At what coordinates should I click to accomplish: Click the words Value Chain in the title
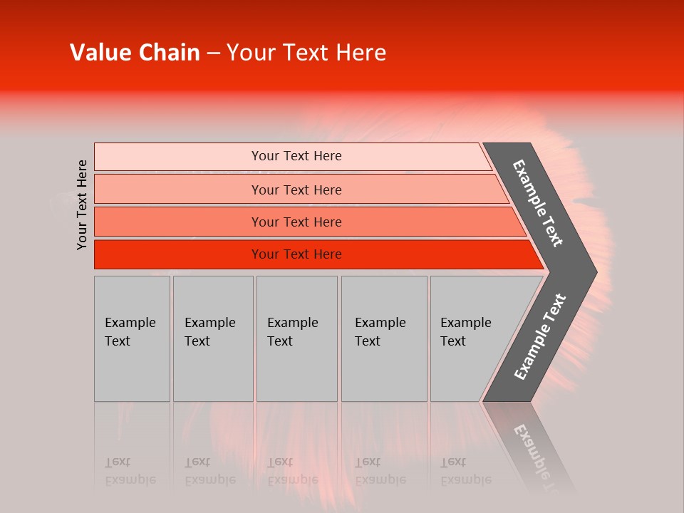(135, 53)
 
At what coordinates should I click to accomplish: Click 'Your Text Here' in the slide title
(306, 53)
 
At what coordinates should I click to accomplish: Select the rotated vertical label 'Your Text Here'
(82, 204)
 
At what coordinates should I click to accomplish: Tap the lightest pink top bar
(178, 157)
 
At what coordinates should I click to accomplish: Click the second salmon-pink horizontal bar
(178, 190)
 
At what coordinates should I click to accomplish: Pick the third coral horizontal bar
(178, 222)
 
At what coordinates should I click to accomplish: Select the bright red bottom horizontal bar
(178, 254)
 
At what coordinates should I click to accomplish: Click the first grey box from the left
(132, 370)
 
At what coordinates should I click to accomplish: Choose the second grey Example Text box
(213, 370)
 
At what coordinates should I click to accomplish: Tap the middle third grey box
(296, 370)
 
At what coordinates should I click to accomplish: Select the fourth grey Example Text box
(383, 370)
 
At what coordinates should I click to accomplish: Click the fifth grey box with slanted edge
(463, 370)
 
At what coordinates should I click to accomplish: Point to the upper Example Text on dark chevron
(538, 203)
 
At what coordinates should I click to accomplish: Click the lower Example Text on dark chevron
(539, 337)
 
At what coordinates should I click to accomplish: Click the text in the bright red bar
(296, 254)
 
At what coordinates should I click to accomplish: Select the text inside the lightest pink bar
(296, 156)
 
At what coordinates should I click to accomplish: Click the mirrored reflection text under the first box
(130, 471)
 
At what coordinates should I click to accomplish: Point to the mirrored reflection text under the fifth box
(465, 471)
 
